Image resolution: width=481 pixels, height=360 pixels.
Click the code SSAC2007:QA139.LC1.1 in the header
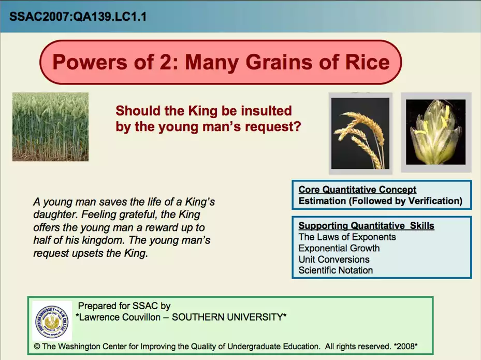(x=78, y=16)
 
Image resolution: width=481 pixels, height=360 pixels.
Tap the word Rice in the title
(x=368, y=62)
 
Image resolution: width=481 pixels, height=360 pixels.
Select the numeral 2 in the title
(x=166, y=62)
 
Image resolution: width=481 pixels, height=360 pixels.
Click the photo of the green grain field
(x=50, y=127)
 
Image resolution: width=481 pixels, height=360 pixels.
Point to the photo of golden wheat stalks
(x=360, y=134)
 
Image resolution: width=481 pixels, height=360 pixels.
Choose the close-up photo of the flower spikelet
(x=435, y=132)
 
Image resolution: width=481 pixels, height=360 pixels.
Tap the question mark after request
(x=297, y=126)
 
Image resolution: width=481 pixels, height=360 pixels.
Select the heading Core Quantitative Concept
(x=357, y=190)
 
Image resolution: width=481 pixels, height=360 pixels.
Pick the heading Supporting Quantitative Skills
(x=366, y=225)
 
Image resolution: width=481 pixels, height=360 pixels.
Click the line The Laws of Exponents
(x=347, y=237)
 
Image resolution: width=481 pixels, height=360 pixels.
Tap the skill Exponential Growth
(x=339, y=248)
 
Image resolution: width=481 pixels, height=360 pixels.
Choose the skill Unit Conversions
(x=334, y=260)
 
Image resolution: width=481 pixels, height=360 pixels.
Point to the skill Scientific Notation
(x=336, y=270)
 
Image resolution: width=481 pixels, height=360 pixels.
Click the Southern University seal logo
(x=52, y=321)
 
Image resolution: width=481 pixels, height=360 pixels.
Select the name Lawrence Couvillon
(x=120, y=317)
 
